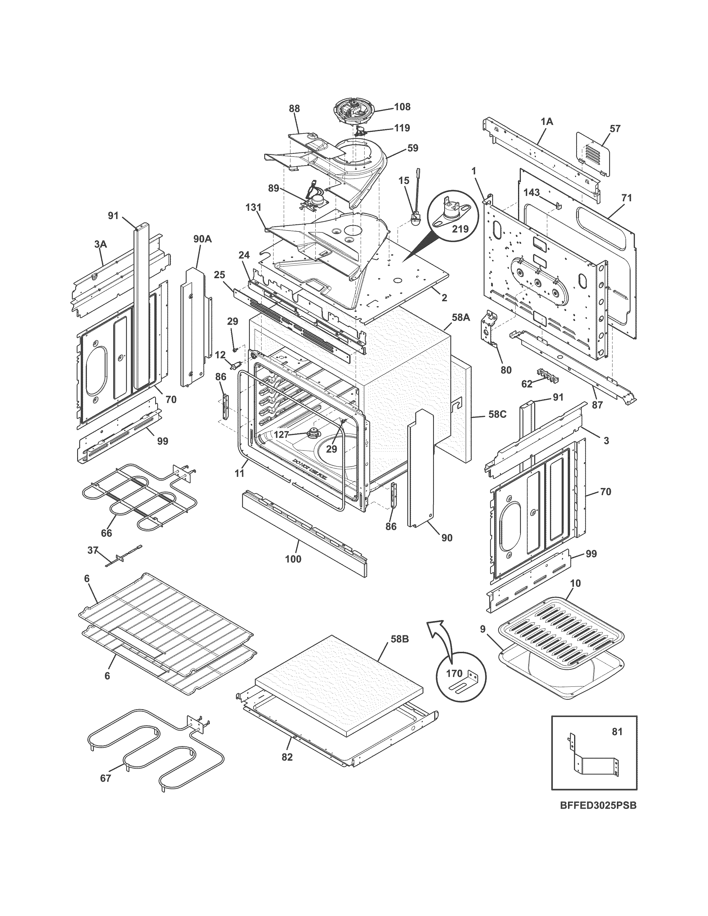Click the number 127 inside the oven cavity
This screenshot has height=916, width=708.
[281, 434]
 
